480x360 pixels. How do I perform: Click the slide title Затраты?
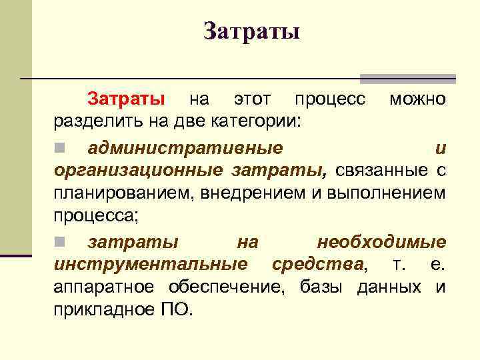point(251,31)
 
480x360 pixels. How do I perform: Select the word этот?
point(252,100)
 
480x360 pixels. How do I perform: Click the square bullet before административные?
point(59,147)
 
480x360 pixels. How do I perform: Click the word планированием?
point(120,193)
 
